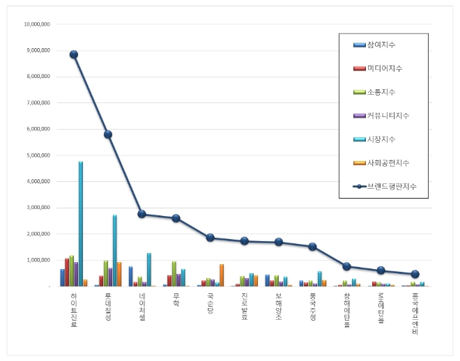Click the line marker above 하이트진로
(x=74, y=54)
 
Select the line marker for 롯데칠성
(x=108, y=135)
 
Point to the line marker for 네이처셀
(x=141, y=214)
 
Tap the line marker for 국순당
(x=210, y=238)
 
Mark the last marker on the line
(x=415, y=274)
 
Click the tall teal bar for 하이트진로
(x=81, y=224)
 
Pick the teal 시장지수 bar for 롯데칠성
(x=115, y=250)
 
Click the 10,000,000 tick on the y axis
(x=36, y=24)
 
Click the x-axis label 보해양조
(x=278, y=307)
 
